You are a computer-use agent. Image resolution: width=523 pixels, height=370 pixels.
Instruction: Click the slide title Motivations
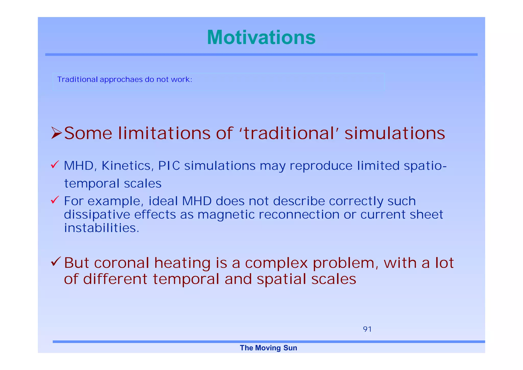(261, 37)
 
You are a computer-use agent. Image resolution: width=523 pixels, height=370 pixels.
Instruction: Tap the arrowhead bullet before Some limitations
(56, 133)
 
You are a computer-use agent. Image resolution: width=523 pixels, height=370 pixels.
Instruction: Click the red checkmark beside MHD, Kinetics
(55, 165)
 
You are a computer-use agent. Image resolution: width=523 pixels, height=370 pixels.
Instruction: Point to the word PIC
(169, 166)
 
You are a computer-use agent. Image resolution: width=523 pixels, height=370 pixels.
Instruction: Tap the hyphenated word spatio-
(425, 166)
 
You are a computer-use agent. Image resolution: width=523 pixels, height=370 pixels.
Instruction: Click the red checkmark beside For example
(55, 200)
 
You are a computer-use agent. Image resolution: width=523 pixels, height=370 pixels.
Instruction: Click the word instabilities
(101, 228)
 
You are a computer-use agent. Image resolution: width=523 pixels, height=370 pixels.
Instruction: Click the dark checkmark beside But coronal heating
(55, 262)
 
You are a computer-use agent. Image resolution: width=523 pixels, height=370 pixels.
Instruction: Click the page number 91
(367, 329)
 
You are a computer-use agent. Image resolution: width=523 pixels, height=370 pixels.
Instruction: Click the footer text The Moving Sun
(268, 348)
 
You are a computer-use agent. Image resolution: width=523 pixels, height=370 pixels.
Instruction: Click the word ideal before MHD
(163, 201)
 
